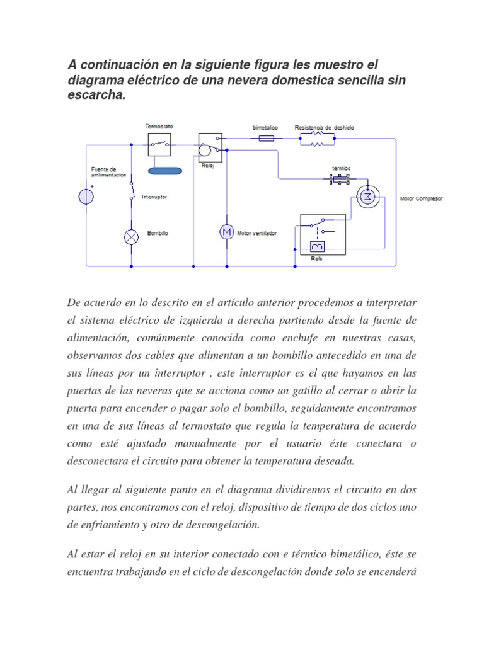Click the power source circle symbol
tap(86, 197)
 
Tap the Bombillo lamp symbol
tap(132, 236)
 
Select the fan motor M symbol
tap(226, 232)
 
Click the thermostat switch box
tap(159, 145)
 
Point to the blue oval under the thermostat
tap(164, 170)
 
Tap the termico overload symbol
tap(340, 180)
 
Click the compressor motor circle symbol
tap(366, 197)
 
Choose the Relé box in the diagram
tap(323, 234)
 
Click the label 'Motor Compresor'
tap(421, 198)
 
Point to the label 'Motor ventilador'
tap(256, 233)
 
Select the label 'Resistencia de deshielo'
tap(324, 127)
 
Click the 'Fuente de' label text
tap(104, 169)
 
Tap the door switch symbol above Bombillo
tap(132, 190)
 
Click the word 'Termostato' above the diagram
tap(159, 127)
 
